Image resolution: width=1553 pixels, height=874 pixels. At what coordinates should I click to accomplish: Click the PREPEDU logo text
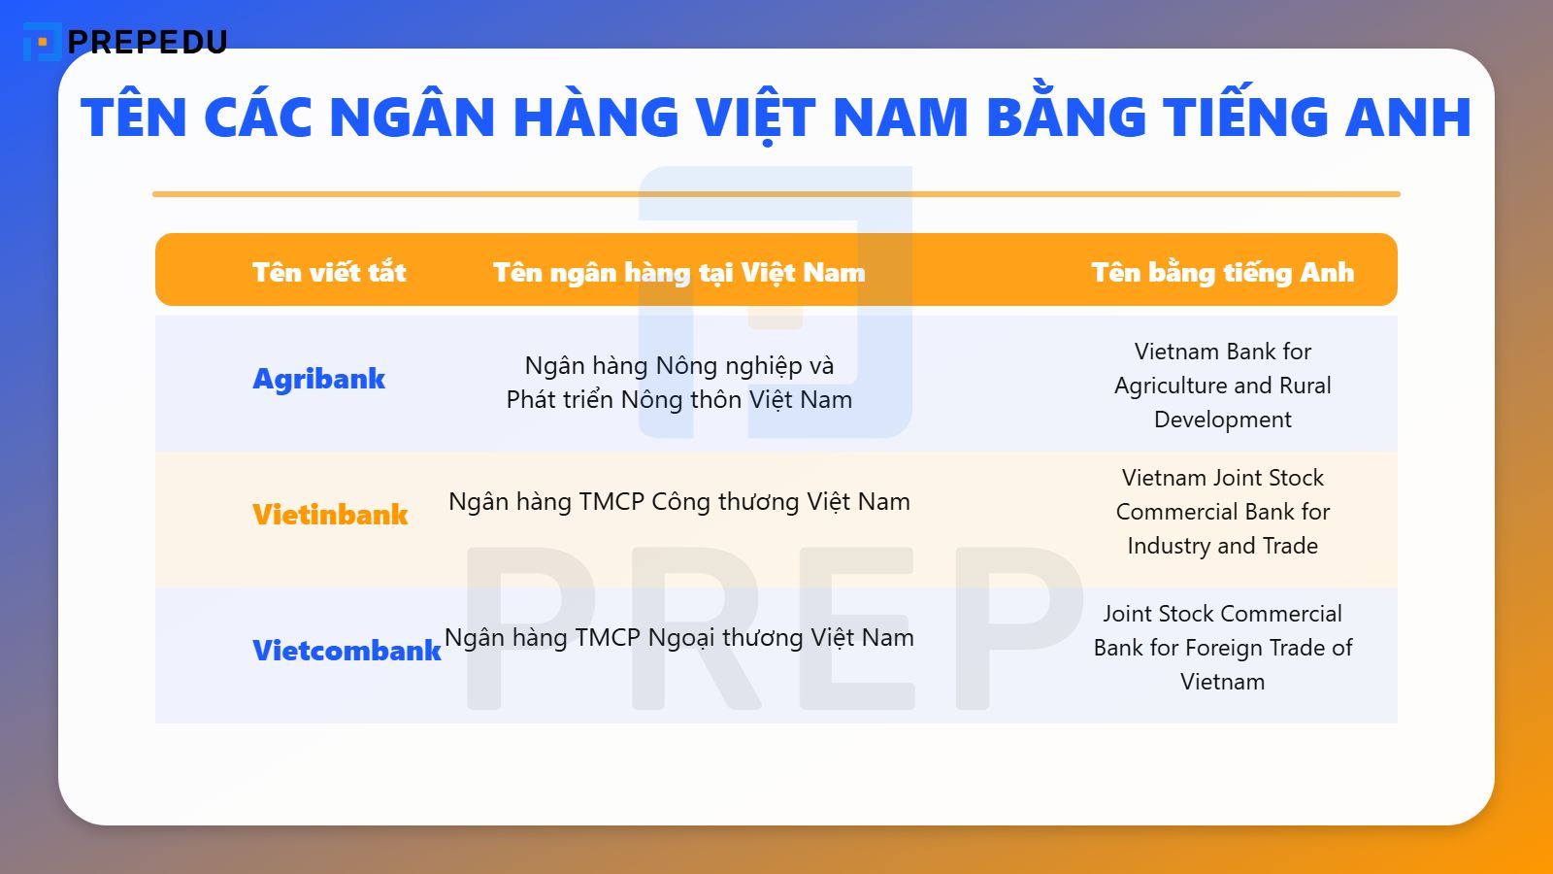148,42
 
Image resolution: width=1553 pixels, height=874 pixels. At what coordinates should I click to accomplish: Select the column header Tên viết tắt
329,272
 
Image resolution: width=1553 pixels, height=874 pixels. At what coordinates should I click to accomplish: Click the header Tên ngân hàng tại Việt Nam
678,272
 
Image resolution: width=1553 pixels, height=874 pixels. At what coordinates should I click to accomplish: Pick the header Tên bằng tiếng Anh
1222,272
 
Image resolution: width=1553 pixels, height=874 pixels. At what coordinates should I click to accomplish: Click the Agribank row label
318,378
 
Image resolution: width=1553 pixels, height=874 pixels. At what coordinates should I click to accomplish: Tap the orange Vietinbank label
330,514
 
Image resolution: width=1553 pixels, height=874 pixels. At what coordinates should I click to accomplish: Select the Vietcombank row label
347,650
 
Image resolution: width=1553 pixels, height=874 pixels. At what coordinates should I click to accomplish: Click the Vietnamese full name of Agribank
678,383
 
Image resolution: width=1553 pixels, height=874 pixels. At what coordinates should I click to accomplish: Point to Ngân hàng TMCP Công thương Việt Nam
678,502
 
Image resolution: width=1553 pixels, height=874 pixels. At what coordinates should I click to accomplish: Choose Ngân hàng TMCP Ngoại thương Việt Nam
678,638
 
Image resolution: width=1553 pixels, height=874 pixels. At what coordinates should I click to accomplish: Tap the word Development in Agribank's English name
1222,420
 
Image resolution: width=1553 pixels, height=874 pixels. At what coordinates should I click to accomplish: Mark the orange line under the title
776,194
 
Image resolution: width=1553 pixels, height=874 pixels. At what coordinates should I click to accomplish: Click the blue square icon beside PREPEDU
41,42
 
